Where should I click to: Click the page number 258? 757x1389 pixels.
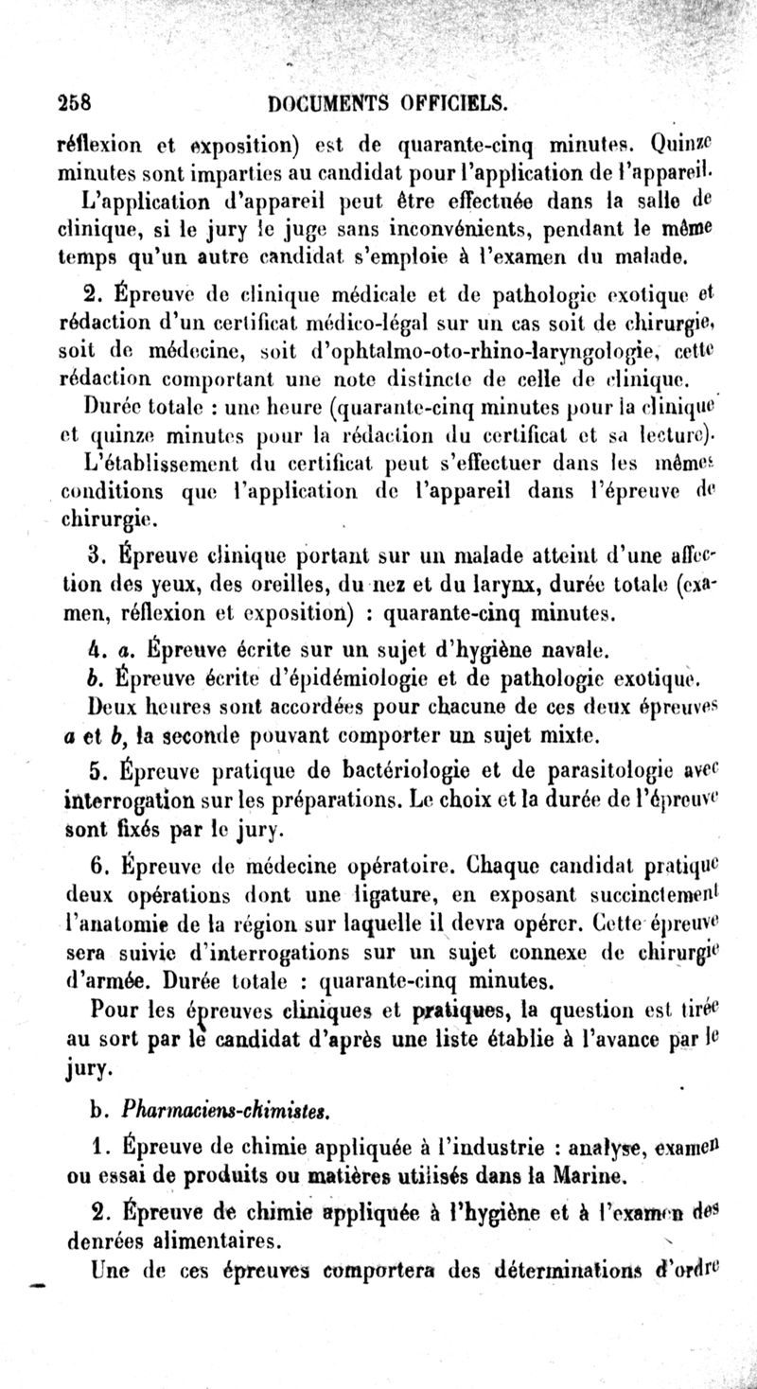[73, 101]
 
